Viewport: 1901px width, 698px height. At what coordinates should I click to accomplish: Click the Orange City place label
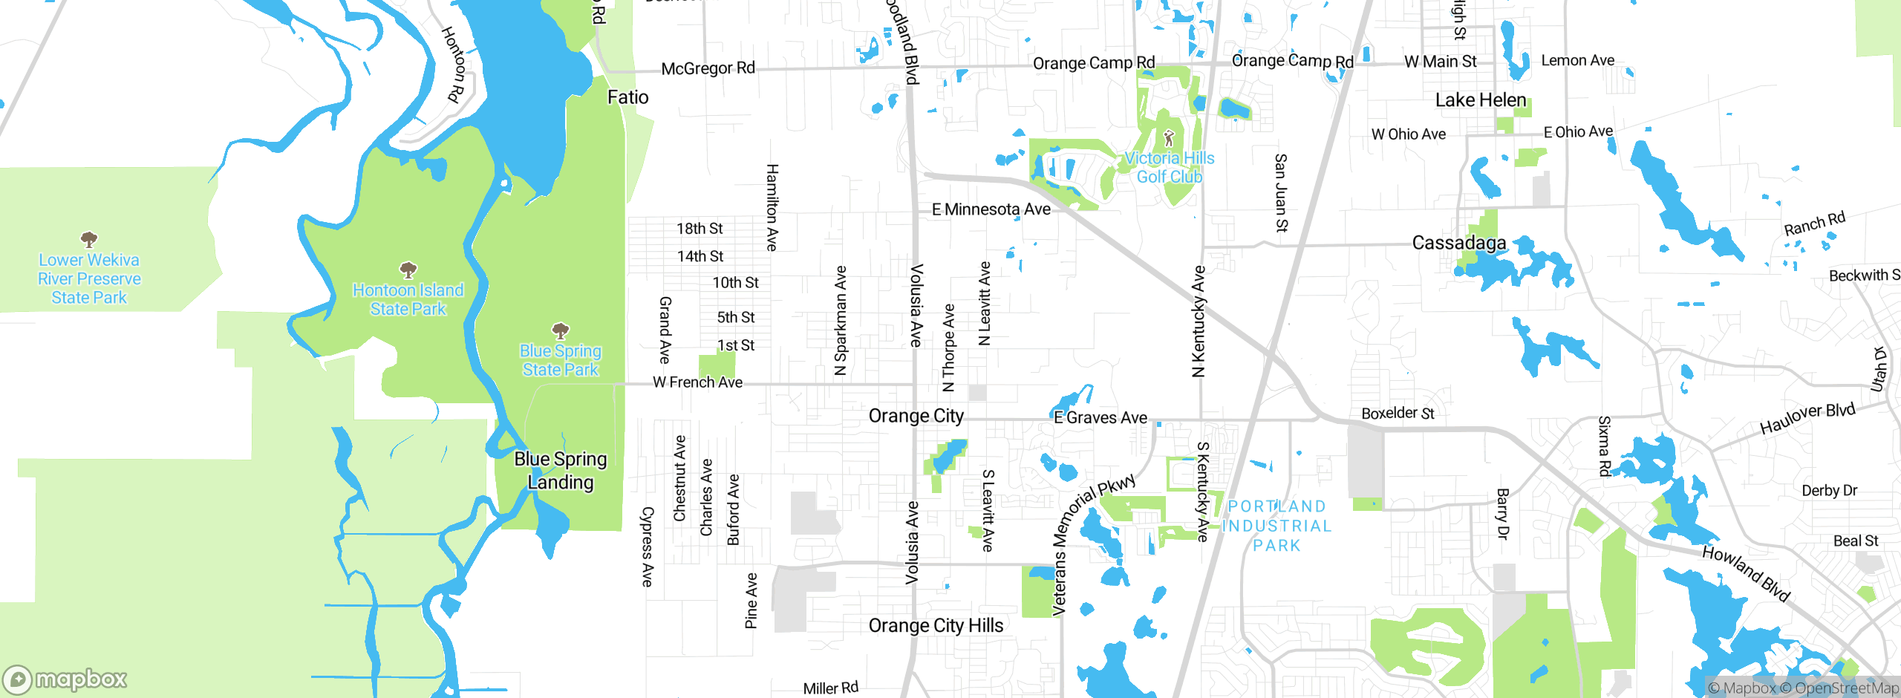pyautogui.click(x=916, y=416)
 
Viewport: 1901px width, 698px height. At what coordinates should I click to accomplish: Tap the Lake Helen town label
pyautogui.click(x=1480, y=100)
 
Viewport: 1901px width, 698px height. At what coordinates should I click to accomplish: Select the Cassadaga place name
pyautogui.click(x=1458, y=243)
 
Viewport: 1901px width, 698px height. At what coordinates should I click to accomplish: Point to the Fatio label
pyautogui.click(x=627, y=97)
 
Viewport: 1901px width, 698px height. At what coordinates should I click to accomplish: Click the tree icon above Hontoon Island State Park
pyautogui.click(x=408, y=270)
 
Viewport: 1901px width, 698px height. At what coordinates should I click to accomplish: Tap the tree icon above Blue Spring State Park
pyautogui.click(x=561, y=330)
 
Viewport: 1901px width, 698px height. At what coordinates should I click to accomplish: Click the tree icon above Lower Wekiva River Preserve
pyautogui.click(x=89, y=239)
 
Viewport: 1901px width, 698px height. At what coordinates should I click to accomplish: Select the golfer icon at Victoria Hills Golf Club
pyautogui.click(x=1169, y=138)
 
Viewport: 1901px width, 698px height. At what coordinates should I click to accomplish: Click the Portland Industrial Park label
pyautogui.click(x=1276, y=526)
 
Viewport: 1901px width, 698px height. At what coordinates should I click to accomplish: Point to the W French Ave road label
pyautogui.click(x=697, y=382)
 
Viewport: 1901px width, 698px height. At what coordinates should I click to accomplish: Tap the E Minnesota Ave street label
pyautogui.click(x=991, y=209)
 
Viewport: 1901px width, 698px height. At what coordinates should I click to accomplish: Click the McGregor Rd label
pyautogui.click(x=708, y=68)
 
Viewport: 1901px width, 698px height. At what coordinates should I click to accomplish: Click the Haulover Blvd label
pyautogui.click(x=1807, y=419)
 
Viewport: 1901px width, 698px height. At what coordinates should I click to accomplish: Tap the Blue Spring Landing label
pyautogui.click(x=561, y=471)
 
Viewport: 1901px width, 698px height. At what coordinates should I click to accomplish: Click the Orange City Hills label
pyautogui.click(x=936, y=626)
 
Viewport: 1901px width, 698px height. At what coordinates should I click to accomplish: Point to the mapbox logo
pyautogui.click(x=65, y=679)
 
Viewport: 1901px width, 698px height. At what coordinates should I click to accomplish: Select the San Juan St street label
pyautogui.click(x=1280, y=193)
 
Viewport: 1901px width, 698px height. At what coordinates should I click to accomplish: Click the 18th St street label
pyautogui.click(x=700, y=229)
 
